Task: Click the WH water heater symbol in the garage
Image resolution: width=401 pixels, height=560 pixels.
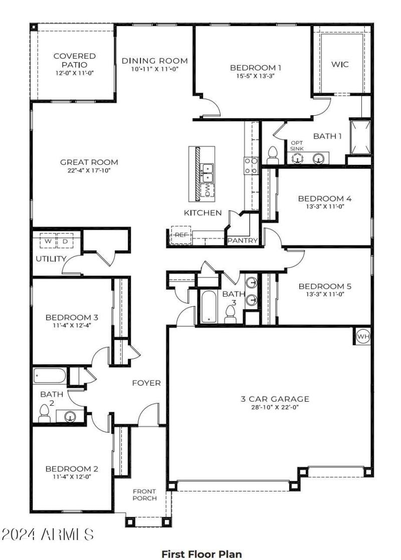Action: (362, 337)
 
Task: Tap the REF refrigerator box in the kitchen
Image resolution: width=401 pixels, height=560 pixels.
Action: (180, 234)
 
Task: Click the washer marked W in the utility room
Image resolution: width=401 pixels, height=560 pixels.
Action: (48, 241)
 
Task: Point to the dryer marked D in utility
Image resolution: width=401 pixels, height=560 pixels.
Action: (65, 241)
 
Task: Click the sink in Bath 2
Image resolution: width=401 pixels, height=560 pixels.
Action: (70, 415)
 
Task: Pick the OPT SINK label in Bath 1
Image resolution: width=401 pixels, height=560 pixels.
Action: (297, 146)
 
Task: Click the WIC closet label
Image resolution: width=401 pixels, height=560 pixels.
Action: (340, 64)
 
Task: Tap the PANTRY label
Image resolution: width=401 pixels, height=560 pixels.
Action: (243, 241)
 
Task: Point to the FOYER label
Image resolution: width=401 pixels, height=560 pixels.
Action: (146, 383)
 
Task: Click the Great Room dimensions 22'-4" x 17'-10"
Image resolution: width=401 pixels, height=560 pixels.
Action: (89, 170)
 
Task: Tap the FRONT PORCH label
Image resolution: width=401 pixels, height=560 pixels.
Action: (144, 494)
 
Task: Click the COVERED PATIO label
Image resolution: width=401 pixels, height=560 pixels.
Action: (74, 61)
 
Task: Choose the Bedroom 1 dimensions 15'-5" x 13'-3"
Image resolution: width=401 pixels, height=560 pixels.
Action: (253, 76)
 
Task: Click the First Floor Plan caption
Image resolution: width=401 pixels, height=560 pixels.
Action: (201, 554)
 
